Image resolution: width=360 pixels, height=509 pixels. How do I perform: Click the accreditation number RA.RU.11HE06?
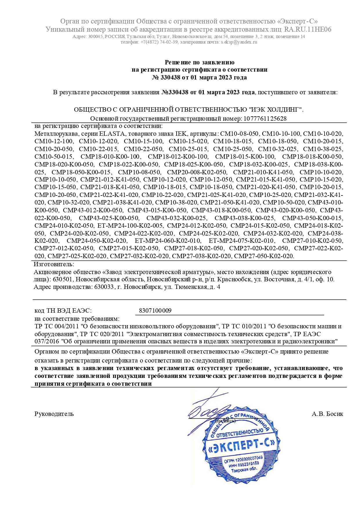pyautogui.click(x=307, y=29)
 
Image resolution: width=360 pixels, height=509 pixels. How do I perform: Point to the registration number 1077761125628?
pyautogui.click(x=265, y=118)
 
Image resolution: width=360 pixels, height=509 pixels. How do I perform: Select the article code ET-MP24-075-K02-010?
pyautogui.click(x=241, y=240)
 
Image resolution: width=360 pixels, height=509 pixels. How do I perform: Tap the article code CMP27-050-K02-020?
pyautogui.click(x=264, y=256)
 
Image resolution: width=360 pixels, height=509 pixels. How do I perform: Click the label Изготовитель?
pyautogui.click(x=54, y=264)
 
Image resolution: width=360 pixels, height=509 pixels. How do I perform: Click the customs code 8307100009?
pyautogui.click(x=155, y=311)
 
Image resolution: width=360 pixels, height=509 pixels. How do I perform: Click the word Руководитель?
pyautogui.click(x=54, y=414)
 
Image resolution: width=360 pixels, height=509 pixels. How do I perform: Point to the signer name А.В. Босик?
pyautogui.click(x=327, y=414)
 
